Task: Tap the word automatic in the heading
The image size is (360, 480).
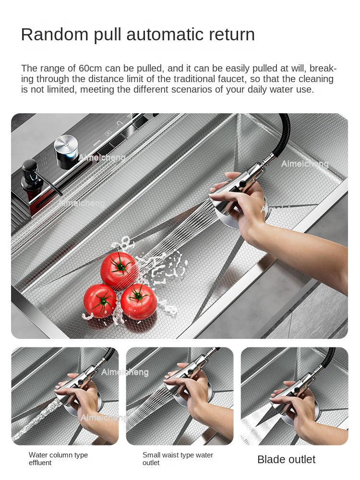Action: [168, 35]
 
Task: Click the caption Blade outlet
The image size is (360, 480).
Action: [286, 459]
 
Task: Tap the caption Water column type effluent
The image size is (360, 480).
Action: [58, 458]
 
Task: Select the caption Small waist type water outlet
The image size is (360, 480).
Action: [178, 458]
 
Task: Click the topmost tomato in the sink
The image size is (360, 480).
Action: [119, 270]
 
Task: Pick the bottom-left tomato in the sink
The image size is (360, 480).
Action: [100, 301]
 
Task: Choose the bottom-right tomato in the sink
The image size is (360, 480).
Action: [138, 301]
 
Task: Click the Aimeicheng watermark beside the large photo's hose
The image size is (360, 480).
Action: [305, 164]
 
